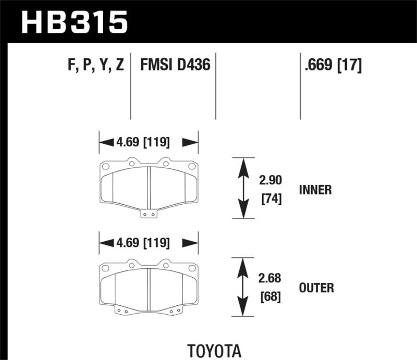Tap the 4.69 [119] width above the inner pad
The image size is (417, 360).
click(x=149, y=142)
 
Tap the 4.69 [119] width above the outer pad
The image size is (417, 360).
click(x=149, y=242)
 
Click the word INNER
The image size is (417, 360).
click(x=315, y=190)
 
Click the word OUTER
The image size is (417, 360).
click(x=316, y=287)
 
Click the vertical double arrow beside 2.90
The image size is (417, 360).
click(x=242, y=188)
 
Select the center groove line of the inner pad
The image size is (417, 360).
click(x=149, y=187)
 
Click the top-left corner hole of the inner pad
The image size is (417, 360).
click(x=104, y=167)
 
